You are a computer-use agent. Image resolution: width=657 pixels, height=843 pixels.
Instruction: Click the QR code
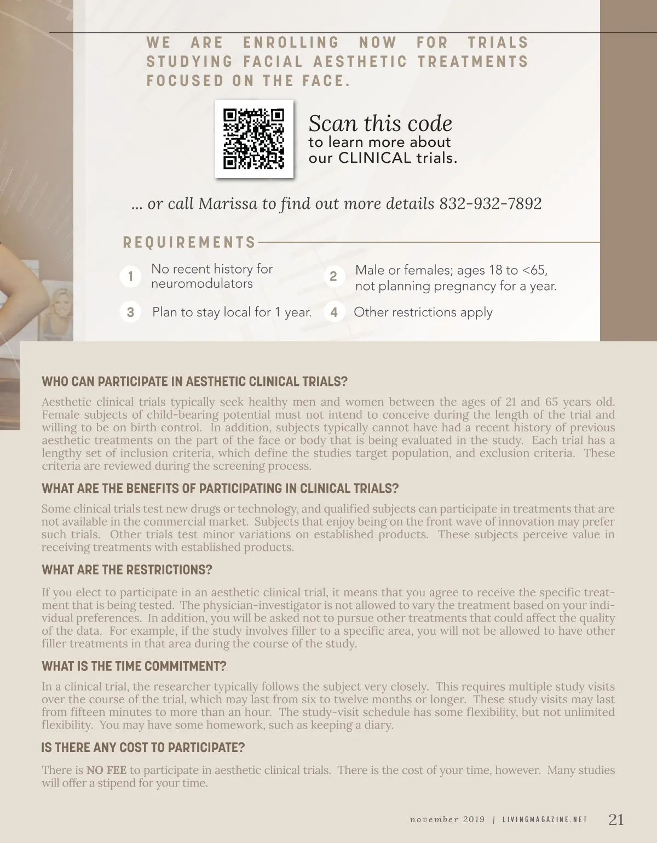click(x=254, y=139)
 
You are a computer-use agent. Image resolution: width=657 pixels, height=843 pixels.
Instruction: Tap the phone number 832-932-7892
click(x=491, y=204)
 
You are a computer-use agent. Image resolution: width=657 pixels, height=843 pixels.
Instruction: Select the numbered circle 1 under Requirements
click(x=130, y=276)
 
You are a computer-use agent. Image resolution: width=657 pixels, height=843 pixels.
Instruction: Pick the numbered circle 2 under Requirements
click(x=333, y=276)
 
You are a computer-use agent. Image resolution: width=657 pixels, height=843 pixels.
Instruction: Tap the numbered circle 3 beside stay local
click(x=130, y=312)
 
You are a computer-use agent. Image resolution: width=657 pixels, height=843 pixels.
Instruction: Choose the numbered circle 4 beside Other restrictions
click(x=334, y=312)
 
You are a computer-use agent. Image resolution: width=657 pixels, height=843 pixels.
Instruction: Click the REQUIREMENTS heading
click(x=189, y=242)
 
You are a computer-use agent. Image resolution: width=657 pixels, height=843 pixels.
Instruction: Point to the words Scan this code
click(x=381, y=123)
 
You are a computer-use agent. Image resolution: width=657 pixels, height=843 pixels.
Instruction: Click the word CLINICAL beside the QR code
click(x=374, y=158)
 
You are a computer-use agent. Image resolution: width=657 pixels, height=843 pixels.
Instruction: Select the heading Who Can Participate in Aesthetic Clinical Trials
click(x=194, y=381)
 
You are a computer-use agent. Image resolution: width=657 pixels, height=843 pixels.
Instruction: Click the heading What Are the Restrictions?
click(x=126, y=570)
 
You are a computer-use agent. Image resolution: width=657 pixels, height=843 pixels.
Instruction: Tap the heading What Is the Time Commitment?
click(x=134, y=667)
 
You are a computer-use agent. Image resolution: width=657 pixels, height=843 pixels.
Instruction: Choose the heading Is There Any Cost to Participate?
click(x=143, y=748)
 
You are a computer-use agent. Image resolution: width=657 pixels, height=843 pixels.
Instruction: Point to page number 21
click(x=616, y=819)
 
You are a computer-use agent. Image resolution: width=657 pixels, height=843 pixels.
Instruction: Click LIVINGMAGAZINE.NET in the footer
click(x=545, y=820)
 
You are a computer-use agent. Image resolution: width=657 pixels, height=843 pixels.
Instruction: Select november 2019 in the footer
click(x=447, y=820)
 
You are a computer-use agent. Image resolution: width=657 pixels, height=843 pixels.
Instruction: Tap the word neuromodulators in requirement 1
click(x=202, y=284)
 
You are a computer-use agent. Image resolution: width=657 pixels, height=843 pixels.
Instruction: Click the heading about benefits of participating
click(x=220, y=488)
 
